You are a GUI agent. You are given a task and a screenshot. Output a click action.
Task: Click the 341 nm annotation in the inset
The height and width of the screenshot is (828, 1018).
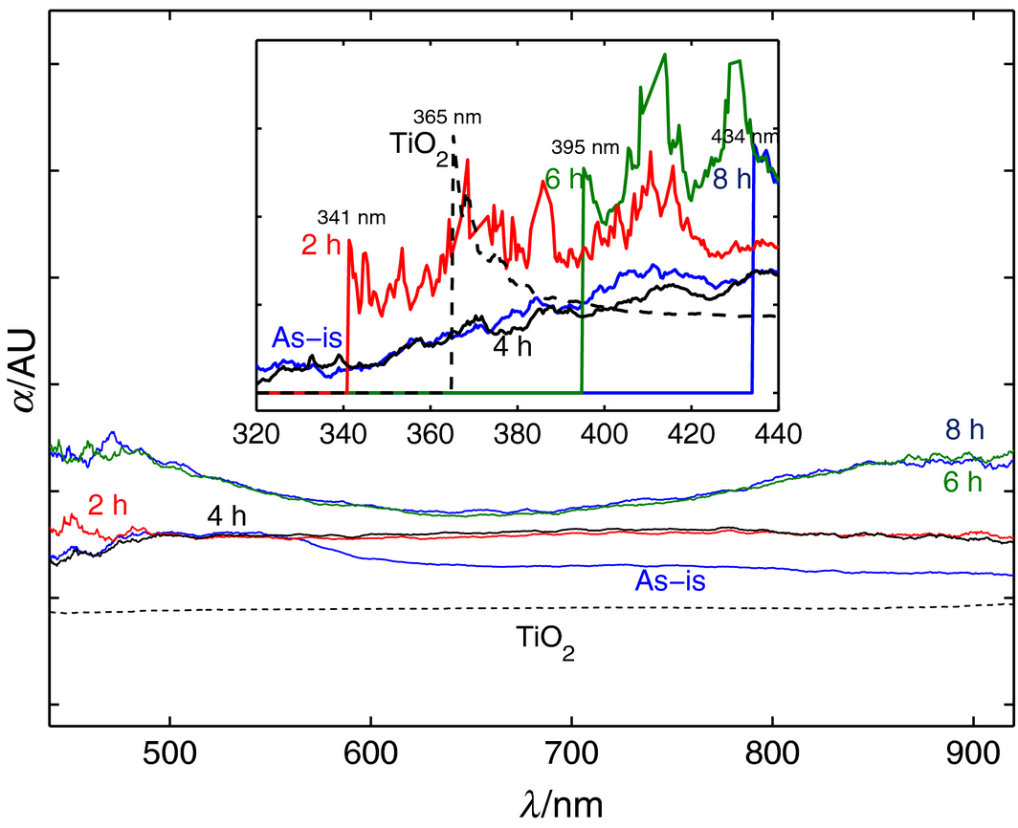[351, 217]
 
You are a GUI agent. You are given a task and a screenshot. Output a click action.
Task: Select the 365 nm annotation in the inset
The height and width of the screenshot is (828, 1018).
[447, 119]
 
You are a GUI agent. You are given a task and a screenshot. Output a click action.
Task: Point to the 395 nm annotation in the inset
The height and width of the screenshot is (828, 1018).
[586, 148]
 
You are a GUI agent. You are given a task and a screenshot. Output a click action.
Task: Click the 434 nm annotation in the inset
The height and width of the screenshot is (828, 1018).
[743, 136]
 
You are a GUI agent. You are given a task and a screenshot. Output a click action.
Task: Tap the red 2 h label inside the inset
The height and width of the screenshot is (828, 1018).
[321, 245]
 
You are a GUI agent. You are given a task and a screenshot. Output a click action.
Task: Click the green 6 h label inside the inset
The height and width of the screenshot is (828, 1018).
[564, 178]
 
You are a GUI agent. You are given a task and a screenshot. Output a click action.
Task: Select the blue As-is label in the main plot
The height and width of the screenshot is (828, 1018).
[668, 579]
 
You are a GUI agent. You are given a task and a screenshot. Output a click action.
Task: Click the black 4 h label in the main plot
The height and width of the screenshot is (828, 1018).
[227, 516]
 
